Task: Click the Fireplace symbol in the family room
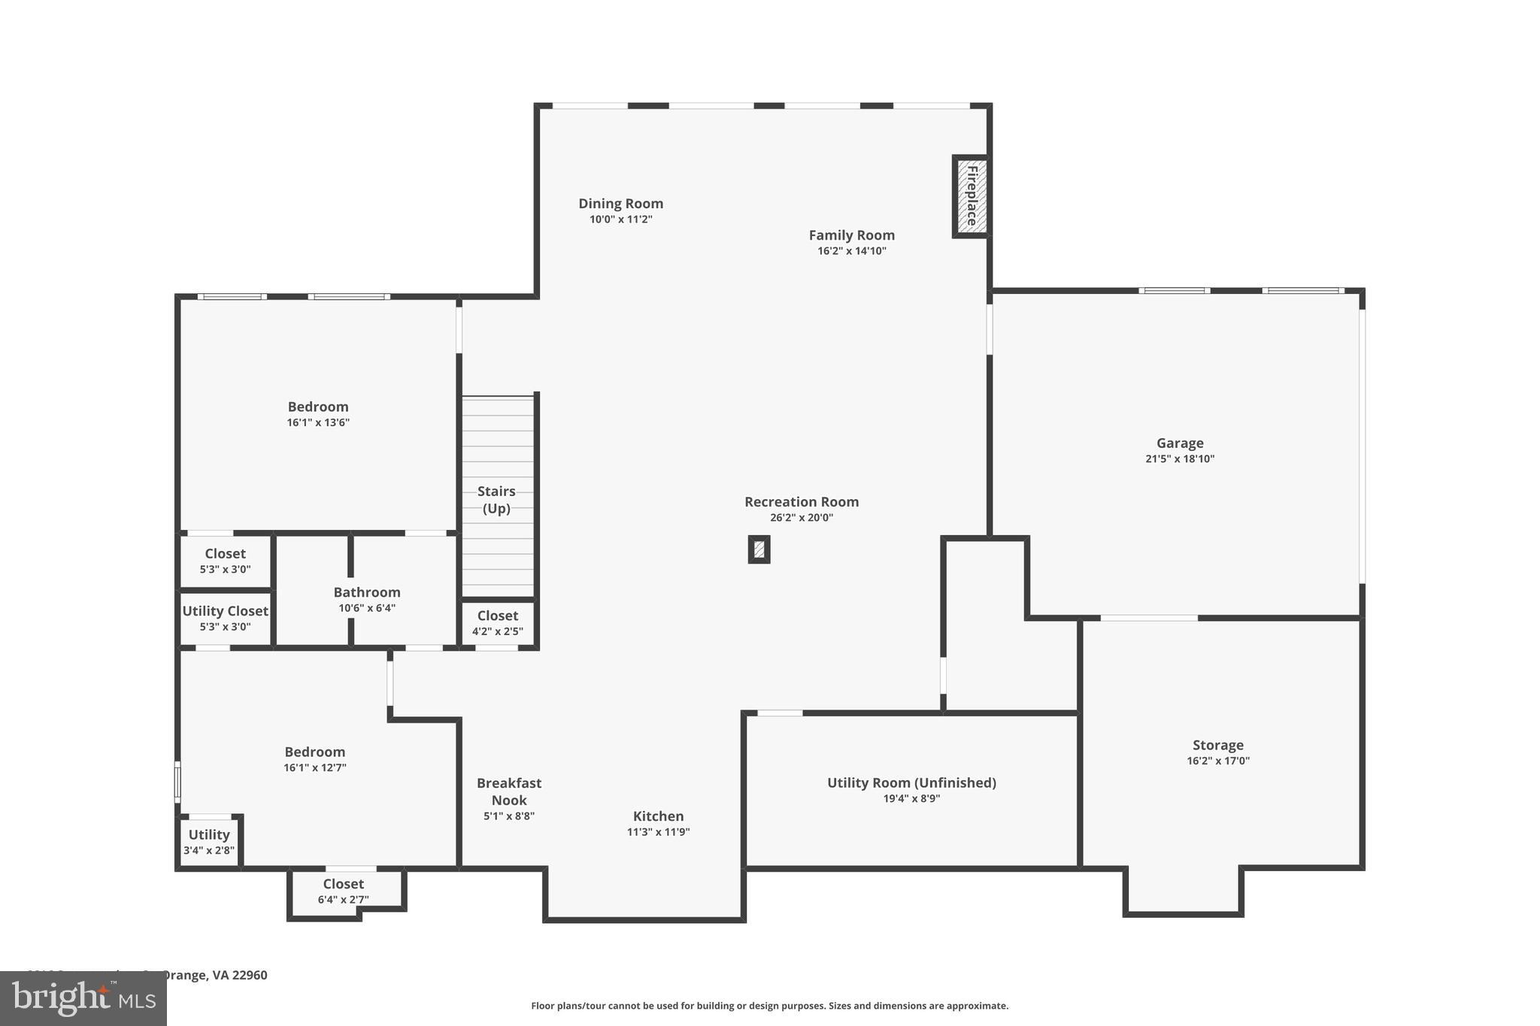(971, 196)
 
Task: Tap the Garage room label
(1179, 443)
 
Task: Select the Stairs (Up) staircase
(497, 498)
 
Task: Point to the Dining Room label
(620, 203)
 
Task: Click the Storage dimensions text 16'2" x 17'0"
(1217, 761)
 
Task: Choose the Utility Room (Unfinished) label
(911, 782)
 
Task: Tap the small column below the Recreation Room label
(759, 549)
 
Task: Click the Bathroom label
(367, 592)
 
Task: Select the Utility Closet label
(225, 611)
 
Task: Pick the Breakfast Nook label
(509, 791)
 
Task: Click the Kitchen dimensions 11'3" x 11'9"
(658, 832)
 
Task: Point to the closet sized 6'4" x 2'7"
(344, 891)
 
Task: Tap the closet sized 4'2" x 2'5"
(497, 622)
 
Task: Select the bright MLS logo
(83, 998)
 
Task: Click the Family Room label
(851, 235)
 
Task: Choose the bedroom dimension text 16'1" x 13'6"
(318, 422)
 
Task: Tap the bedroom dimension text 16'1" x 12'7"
(314, 767)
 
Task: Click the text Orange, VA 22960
(215, 975)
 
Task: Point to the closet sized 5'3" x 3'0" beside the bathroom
(225, 561)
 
